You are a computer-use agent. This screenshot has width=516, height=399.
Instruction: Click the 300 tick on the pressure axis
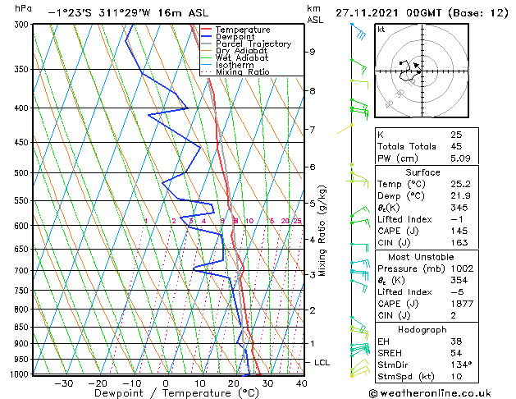click(x=19, y=25)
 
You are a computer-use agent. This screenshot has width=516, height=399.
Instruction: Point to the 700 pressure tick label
click(x=19, y=270)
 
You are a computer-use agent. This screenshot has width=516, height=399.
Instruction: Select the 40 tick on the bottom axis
click(x=301, y=383)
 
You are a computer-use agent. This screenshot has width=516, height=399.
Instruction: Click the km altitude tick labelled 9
click(x=313, y=52)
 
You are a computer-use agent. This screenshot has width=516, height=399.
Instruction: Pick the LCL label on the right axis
click(x=322, y=362)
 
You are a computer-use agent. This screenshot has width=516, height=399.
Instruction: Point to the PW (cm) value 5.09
click(x=460, y=159)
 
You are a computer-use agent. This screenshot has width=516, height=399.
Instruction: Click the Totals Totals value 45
click(x=455, y=147)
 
